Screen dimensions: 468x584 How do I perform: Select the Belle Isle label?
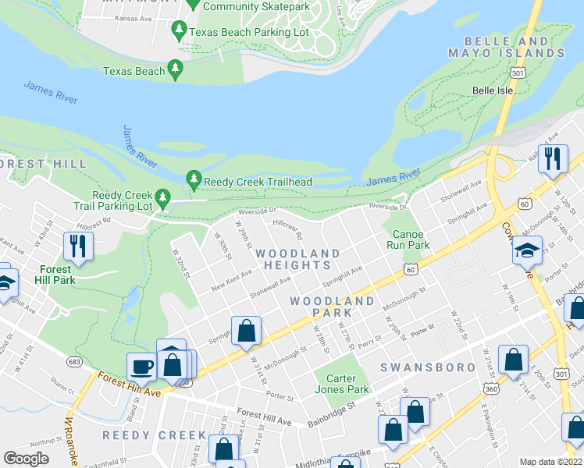point(493,90)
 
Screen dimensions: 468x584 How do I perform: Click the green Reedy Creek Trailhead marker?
point(194,181)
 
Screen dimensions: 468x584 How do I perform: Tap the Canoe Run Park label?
point(408,239)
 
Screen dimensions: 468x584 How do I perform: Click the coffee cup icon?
point(142,367)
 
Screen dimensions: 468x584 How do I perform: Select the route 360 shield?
point(490,388)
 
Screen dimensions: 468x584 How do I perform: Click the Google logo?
point(27,458)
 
